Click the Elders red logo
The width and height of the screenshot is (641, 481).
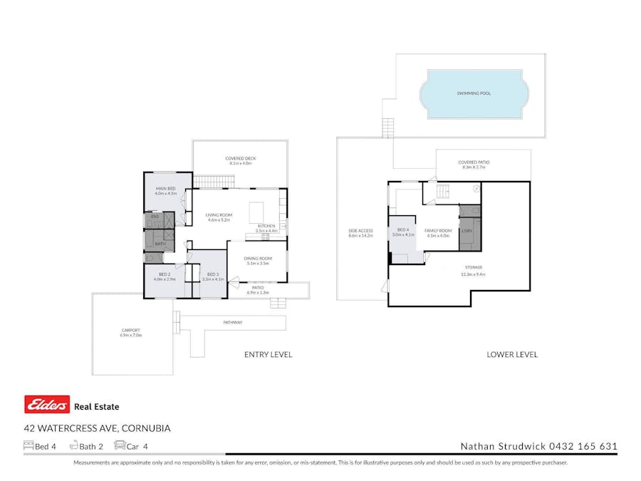click(47, 405)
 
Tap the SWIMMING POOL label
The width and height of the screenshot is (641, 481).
click(474, 93)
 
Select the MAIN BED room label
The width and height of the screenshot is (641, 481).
click(165, 188)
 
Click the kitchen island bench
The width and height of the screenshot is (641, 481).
click(256, 212)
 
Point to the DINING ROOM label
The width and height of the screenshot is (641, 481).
click(258, 258)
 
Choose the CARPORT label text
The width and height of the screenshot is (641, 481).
click(130, 330)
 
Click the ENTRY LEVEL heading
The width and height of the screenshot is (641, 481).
click(268, 354)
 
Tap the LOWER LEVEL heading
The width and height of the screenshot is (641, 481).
click(511, 354)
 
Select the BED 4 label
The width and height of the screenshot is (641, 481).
click(402, 229)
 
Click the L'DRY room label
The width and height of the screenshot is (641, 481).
click(467, 230)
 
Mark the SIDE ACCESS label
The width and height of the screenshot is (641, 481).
click(360, 230)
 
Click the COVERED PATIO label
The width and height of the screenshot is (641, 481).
click(474, 162)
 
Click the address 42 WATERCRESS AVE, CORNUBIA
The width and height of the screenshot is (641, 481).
click(97, 428)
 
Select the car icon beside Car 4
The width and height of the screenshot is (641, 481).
click(120, 446)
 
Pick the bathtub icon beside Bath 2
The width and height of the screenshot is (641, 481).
click(73, 446)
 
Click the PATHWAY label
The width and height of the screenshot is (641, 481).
click(232, 323)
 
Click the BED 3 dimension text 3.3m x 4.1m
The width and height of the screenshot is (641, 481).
click(212, 279)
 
